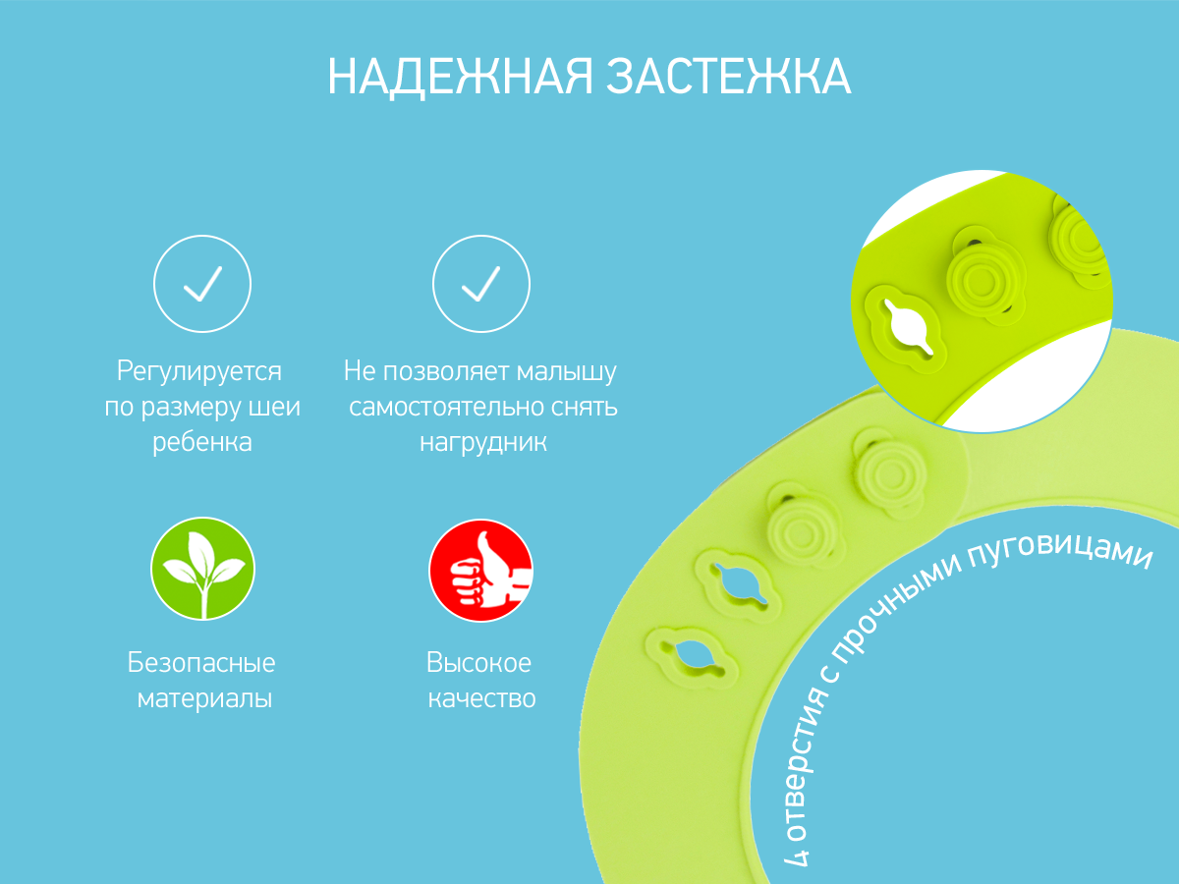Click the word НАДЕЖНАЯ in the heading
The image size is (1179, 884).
click(x=461, y=78)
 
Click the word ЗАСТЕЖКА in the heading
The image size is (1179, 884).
click(x=729, y=77)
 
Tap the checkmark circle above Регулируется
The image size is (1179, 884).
click(x=202, y=284)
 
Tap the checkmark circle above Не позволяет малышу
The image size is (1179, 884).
click(x=481, y=284)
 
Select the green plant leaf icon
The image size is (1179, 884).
click(x=203, y=569)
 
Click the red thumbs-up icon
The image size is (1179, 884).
click(x=481, y=571)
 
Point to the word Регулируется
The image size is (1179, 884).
click(x=199, y=371)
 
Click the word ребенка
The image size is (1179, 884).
click(x=202, y=442)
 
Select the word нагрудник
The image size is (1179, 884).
click(x=482, y=442)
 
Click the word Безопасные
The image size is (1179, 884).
click(x=201, y=662)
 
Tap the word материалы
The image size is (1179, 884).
click(x=204, y=698)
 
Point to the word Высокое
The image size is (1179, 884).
click(x=479, y=662)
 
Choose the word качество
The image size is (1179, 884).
click(x=481, y=698)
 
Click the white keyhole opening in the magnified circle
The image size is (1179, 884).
click(x=908, y=327)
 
